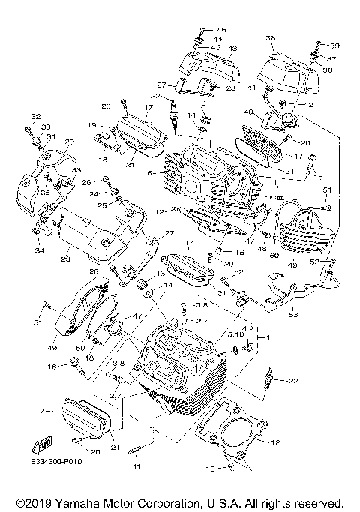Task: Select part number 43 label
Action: click(232, 48)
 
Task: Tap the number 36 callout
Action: click(270, 37)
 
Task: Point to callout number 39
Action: click(334, 45)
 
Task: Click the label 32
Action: click(34, 116)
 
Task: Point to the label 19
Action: click(91, 125)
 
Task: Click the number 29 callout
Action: click(69, 142)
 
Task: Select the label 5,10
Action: click(234, 334)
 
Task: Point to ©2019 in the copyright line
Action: click(31, 502)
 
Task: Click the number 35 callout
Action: click(25, 192)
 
